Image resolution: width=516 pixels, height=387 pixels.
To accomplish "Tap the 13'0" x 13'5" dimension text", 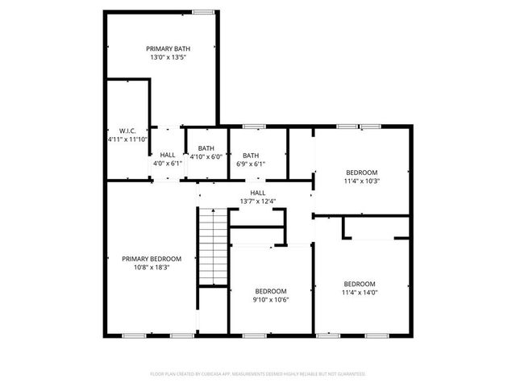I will [x=167, y=58].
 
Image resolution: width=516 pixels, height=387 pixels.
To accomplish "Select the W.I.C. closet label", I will [x=127, y=131].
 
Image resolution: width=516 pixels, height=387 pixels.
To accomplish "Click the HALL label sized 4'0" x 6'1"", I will [x=168, y=154].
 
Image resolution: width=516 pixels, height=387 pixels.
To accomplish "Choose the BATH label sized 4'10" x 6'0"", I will [x=206, y=148].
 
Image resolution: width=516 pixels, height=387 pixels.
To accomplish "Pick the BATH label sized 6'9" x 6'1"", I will [x=251, y=156].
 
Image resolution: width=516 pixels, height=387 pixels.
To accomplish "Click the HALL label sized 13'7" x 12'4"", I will [x=257, y=193].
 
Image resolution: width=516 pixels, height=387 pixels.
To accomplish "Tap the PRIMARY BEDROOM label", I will [x=152, y=259].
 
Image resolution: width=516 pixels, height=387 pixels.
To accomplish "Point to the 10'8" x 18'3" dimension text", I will [x=152, y=268].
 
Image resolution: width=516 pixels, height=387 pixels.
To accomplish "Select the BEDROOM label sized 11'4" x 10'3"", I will [x=362, y=173].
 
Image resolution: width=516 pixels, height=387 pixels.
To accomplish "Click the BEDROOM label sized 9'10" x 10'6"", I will [x=271, y=291].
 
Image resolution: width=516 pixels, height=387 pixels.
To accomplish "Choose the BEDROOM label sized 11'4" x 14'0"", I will [x=360, y=284].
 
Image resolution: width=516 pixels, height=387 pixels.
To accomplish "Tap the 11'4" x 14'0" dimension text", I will [x=360, y=293].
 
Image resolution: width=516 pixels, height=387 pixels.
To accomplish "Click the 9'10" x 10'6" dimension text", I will [x=271, y=300].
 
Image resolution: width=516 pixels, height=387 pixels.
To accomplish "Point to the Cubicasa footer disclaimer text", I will [x=258, y=374].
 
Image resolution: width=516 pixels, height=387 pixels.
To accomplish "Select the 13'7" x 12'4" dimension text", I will [x=257, y=202].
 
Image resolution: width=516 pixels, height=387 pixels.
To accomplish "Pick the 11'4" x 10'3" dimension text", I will [x=362, y=181].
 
